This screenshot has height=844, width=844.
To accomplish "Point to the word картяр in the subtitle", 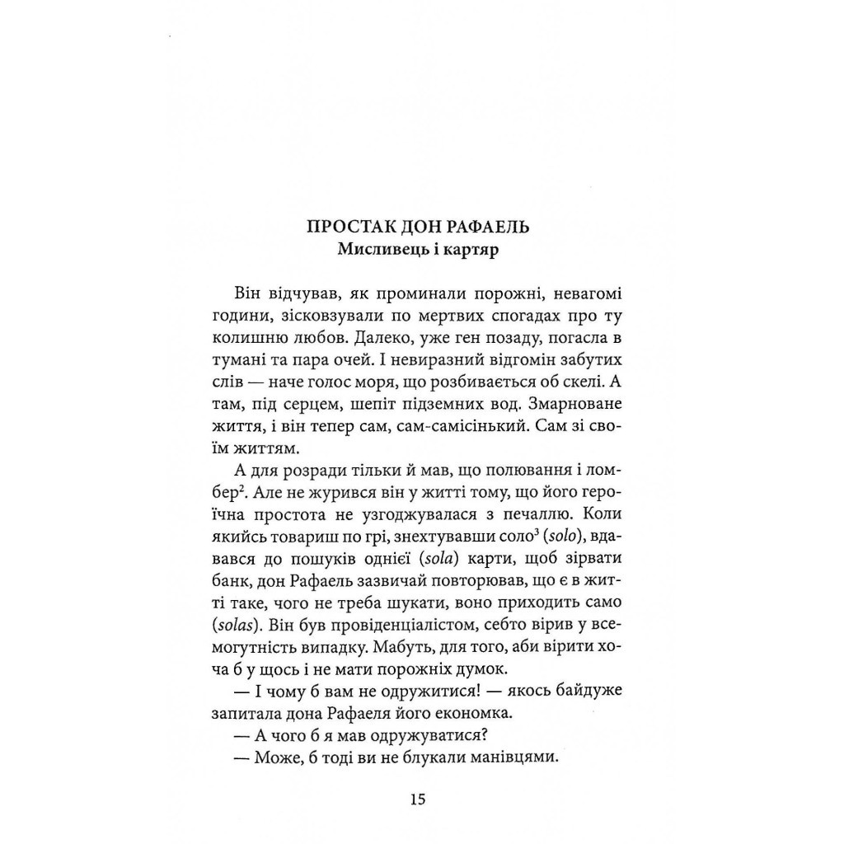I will pos(479,251).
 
